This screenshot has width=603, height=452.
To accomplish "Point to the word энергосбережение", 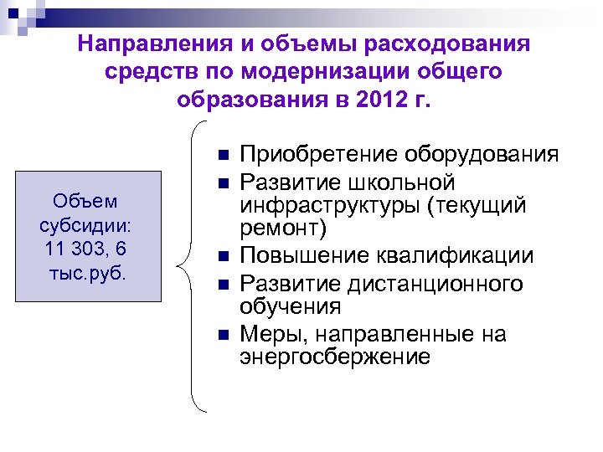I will click(336, 357).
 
